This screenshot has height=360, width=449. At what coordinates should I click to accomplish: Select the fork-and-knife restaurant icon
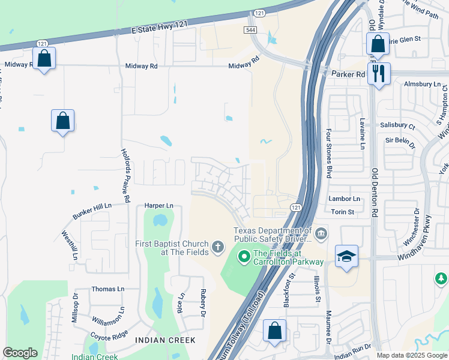(379, 74)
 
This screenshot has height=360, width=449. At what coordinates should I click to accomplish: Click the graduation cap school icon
(347, 256)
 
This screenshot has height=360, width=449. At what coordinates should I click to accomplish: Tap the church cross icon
(217, 245)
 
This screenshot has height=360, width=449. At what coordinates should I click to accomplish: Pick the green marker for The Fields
(244, 257)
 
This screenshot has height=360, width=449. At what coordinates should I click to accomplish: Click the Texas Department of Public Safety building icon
(321, 233)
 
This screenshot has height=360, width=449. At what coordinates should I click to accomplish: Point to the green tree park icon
(441, 278)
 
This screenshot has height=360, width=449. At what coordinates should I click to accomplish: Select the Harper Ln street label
(159, 206)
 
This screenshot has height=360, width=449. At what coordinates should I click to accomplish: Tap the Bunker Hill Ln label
(92, 206)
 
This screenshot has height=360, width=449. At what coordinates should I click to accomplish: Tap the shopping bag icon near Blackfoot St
(274, 331)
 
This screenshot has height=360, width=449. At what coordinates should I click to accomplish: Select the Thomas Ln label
(108, 289)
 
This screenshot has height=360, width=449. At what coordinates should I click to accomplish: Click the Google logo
(20, 353)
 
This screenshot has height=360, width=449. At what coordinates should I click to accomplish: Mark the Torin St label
(343, 212)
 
